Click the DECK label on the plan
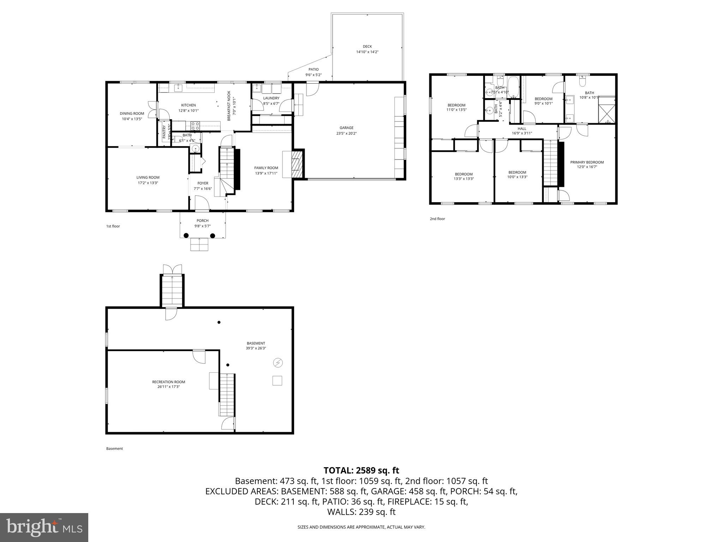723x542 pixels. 367,47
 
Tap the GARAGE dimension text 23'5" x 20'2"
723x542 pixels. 346,133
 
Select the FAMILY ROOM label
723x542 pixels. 266,168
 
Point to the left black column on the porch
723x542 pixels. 186,236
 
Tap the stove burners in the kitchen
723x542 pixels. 195,125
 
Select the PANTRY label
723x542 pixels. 164,132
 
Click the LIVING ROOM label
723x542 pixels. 148,177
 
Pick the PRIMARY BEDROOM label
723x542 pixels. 587,162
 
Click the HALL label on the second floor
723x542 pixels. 522,129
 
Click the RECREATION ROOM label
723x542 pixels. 168,382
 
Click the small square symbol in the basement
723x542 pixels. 277,381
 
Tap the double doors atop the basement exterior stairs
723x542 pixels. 172,269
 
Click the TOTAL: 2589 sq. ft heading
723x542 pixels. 361,470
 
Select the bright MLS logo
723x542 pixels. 44,527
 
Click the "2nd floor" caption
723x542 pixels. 437,219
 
